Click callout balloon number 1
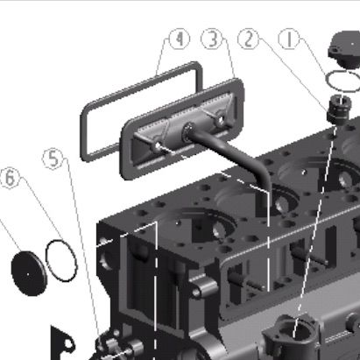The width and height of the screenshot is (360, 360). click(289, 39)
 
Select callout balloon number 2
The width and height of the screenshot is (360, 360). click(249, 39)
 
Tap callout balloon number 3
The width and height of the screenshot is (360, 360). click(213, 39)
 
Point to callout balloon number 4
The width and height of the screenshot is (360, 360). click(180, 39)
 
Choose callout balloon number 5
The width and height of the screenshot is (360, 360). click(53, 159)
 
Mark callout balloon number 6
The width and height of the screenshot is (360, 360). click(10, 178)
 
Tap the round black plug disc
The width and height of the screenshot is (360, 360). click(29, 273)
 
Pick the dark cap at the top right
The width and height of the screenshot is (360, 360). click(345, 50)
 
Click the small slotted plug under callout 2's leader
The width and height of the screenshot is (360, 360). click(338, 109)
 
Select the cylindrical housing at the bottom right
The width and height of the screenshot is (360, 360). click(291, 335)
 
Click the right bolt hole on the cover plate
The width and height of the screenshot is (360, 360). click(220, 120)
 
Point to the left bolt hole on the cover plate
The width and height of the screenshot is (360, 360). click(158, 145)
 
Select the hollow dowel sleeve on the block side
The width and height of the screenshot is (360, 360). click(201, 286)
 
